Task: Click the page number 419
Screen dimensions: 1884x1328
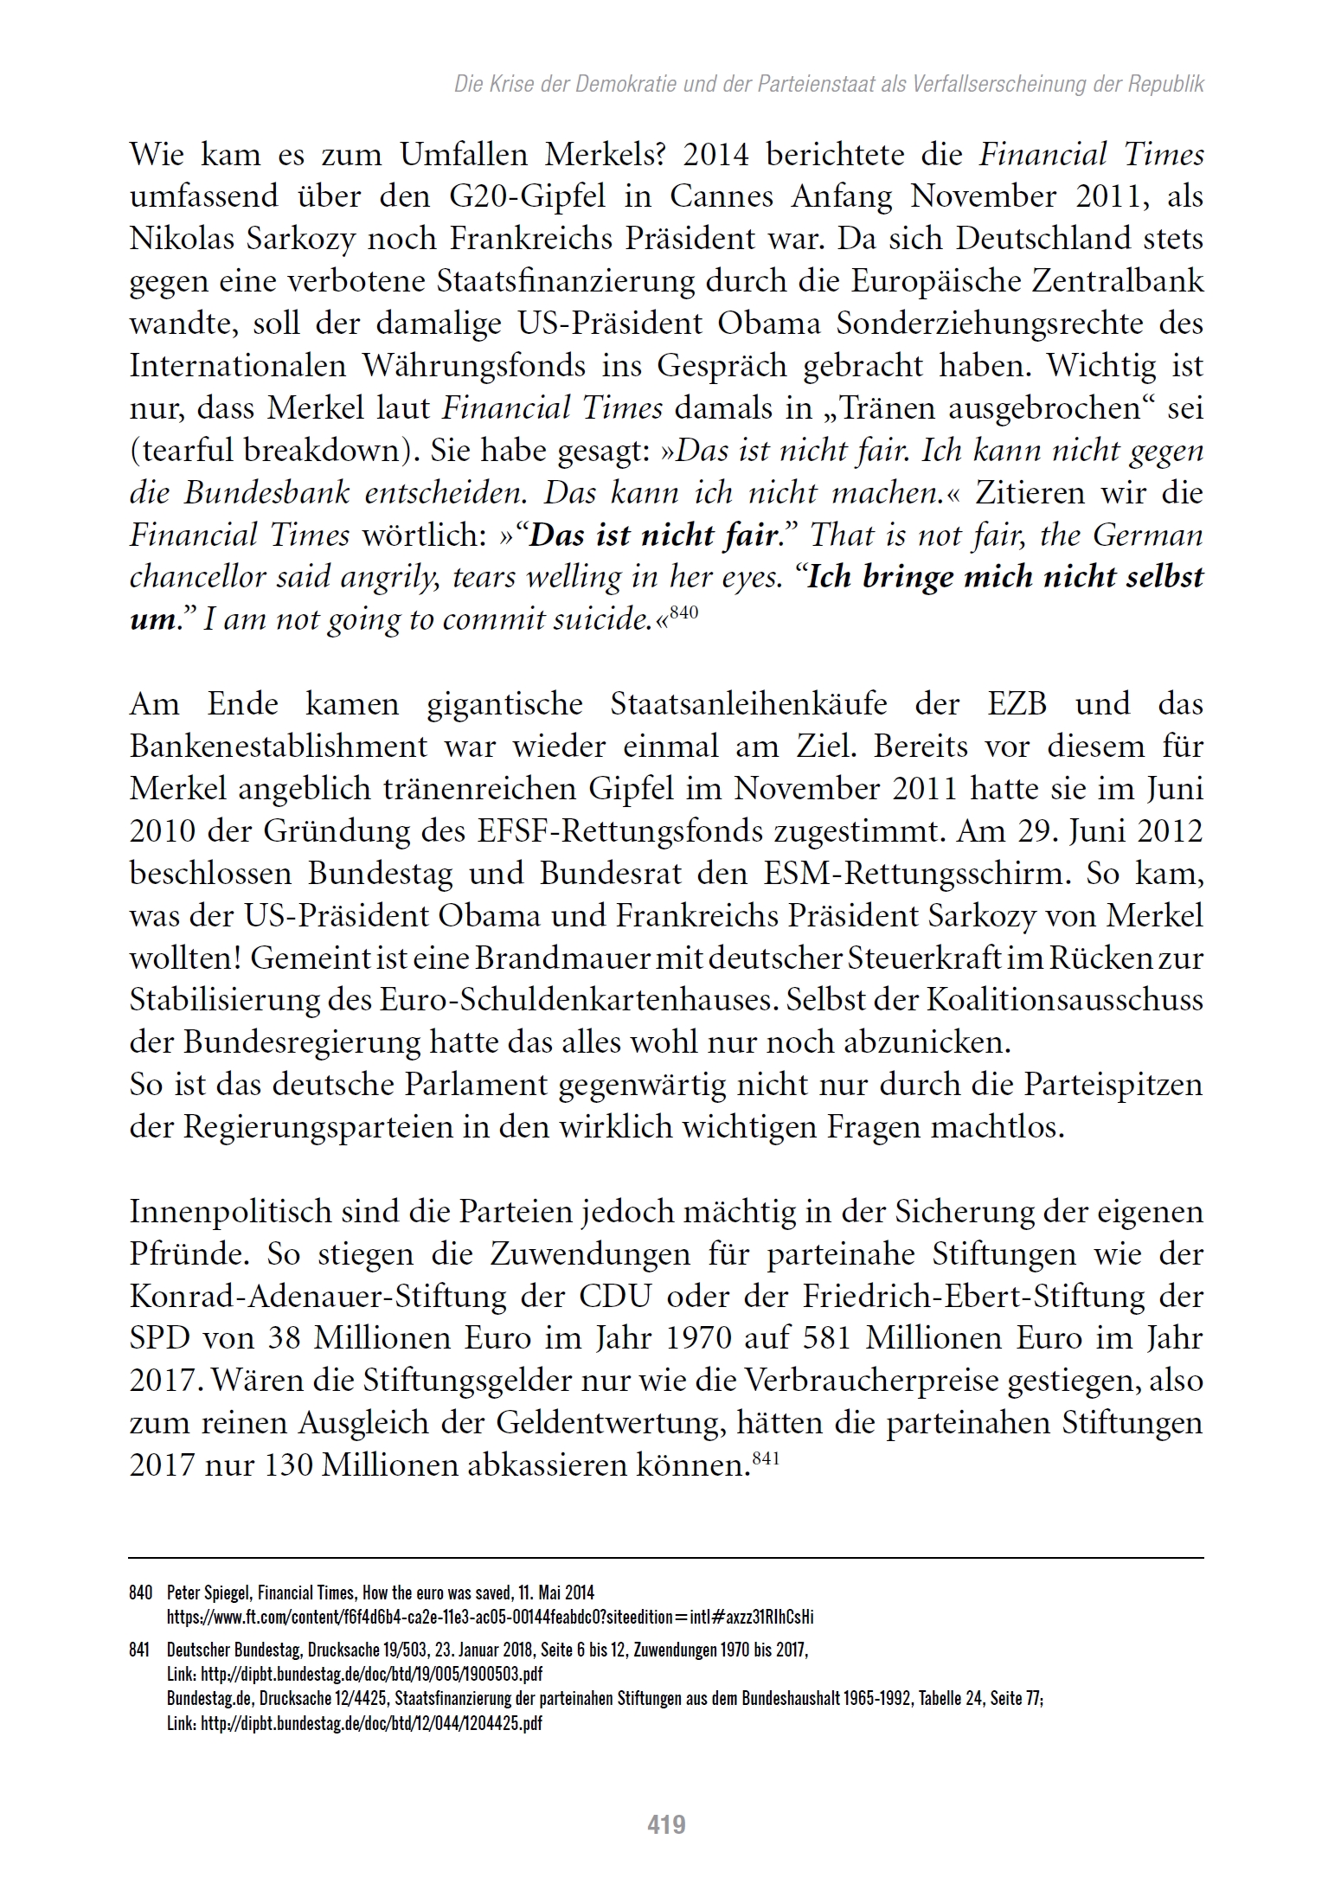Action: pyautogui.click(x=666, y=1824)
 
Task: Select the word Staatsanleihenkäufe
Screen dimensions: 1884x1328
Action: pyautogui.click(x=749, y=704)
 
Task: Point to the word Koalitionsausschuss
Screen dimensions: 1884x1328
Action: pyautogui.click(x=1065, y=1001)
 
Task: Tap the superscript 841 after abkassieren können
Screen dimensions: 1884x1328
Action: pyautogui.click(x=767, y=1458)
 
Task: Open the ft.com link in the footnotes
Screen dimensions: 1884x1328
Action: pyautogui.click(x=490, y=1616)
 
